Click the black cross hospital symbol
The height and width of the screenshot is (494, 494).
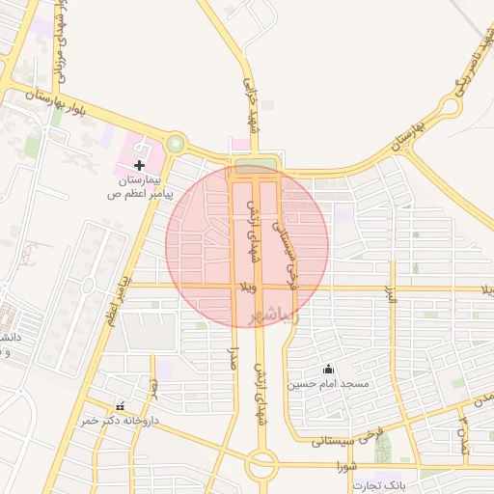point(140,166)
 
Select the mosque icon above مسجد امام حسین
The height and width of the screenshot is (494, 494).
point(328,368)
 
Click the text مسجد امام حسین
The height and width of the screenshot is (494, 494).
point(327,383)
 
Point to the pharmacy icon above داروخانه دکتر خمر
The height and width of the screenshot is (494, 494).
point(121,406)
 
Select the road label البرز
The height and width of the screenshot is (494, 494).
point(392,295)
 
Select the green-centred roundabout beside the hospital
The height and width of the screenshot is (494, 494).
point(175,145)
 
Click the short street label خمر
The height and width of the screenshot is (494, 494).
point(152,388)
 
